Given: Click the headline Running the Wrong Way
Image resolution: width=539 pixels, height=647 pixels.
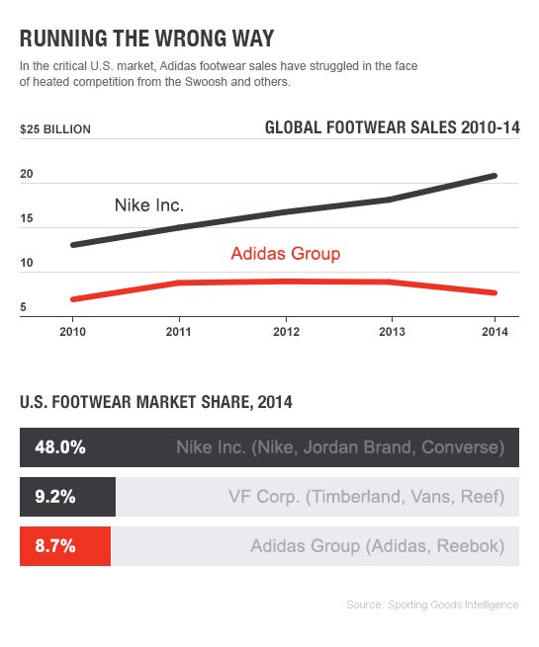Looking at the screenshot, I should coord(146,39).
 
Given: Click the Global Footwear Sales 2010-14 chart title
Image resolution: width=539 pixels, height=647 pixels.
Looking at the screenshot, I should coord(392,128).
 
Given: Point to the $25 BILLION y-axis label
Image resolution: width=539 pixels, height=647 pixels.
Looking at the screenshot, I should coord(55,129).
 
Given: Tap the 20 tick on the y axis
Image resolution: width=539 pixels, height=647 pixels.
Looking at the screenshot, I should coord(27,174).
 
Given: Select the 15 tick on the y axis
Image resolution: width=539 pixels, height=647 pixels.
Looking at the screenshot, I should coord(27,218).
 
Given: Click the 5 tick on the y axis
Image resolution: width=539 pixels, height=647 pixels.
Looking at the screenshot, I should coord(23,308).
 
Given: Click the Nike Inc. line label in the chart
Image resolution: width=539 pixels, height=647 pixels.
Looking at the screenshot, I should coord(149,205).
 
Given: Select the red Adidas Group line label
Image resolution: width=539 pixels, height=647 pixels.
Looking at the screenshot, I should coord(285,254).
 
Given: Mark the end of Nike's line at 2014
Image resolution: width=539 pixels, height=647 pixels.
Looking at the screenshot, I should coord(494,176).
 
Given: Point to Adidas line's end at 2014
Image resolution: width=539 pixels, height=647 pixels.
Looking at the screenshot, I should coord(494,292).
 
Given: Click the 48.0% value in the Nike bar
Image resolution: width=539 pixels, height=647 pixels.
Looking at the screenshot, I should coord(60,446).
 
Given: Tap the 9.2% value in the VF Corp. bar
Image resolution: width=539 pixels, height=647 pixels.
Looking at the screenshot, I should coord(55,497).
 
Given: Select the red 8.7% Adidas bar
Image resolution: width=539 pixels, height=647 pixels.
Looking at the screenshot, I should coord(65,545).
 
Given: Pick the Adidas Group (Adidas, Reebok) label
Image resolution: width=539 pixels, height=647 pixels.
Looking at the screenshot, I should coord(377,545).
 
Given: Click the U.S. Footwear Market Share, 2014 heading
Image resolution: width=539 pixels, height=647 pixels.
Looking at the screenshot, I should coord(155,402).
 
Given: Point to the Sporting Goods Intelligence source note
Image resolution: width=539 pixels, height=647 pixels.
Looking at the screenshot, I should coord(432,605).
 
